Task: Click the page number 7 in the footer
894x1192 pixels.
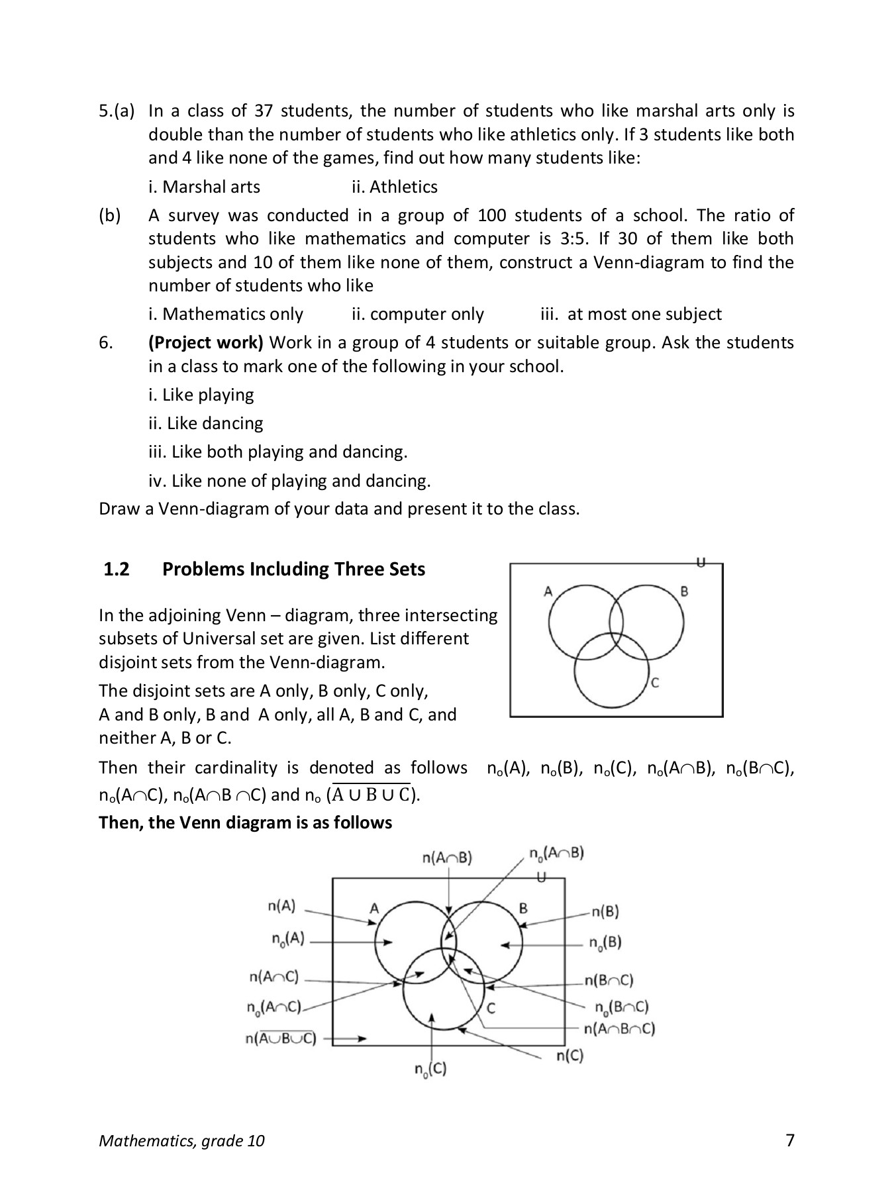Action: click(x=789, y=1140)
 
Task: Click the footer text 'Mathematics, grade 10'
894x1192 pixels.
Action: click(x=181, y=1140)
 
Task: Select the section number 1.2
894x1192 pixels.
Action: click(x=117, y=569)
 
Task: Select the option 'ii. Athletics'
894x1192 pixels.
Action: click(x=395, y=187)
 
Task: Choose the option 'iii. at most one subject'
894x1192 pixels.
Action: click(x=631, y=314)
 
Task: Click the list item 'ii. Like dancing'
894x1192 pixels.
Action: click(x=205, y=423)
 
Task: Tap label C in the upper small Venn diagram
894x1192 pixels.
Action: click(x=654, y=683)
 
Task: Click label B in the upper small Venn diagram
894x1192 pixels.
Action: click(x=684, y=591)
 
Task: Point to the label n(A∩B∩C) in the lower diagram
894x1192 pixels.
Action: click(x=619, y=1028)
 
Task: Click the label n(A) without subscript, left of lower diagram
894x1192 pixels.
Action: click(x=281, y=906)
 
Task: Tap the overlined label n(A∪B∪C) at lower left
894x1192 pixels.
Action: click(x=281, y=1038)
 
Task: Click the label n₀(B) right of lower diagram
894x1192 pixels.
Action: click(x=605, y=942)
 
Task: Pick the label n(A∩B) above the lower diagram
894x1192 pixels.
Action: click(x=447, y=858)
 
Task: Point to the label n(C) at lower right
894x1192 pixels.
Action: click(x=570, y=1056)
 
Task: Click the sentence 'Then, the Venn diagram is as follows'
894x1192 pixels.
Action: click(x=245, y=822)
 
